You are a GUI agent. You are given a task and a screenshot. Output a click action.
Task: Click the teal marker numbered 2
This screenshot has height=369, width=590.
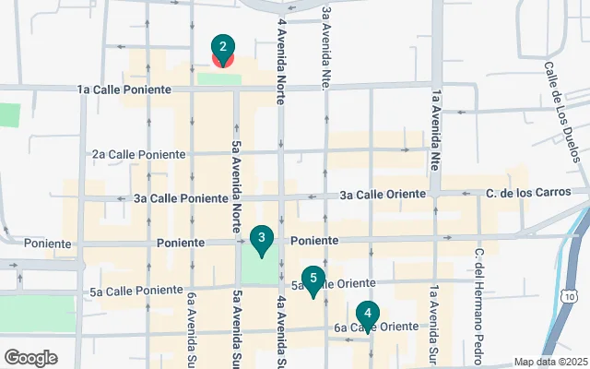coord(221,49)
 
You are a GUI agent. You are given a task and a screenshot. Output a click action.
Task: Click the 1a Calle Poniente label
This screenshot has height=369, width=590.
coord(124,89)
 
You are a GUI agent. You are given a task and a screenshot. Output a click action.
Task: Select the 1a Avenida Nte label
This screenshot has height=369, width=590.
coord(432,129)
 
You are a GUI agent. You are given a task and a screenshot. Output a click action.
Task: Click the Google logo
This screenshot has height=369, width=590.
coord(30,357)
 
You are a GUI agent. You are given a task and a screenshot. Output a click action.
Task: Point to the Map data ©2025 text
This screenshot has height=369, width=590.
coord(549,362)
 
